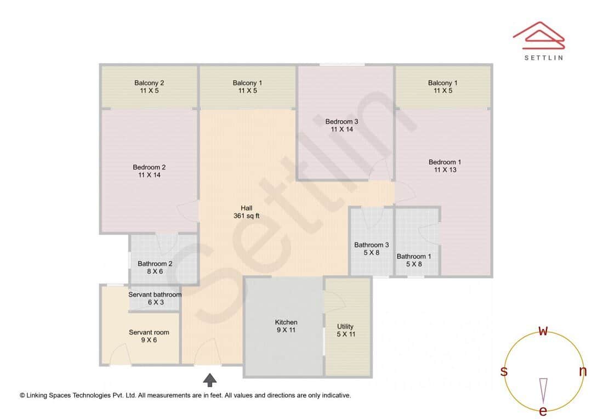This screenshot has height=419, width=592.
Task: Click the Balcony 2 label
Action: coord(149,87)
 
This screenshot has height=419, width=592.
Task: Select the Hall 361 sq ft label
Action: coord(247,212)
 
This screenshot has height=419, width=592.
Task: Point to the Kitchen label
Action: coord(286,326)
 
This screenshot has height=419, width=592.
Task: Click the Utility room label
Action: coord(345,330)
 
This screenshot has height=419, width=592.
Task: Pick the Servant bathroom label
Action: coord(155,298)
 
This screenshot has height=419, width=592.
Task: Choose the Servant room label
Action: coord(149,336)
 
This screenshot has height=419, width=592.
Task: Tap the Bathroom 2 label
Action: coord(155,267)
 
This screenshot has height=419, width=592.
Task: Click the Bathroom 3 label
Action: coord(372,248)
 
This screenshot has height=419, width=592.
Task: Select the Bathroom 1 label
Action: coord(414,260)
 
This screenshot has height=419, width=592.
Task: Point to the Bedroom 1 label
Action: coord(445,166)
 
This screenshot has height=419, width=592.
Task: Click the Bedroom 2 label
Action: coord(149,171)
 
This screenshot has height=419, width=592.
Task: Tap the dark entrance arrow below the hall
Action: coord(210,380)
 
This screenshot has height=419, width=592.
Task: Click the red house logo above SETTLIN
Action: coord(539,34)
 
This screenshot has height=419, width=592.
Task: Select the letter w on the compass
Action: coord(543,331)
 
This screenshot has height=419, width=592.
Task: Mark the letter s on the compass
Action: coord(504,371)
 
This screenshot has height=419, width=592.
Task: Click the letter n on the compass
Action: coord(583,371)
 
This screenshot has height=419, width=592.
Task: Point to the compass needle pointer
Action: coord(543,389)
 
